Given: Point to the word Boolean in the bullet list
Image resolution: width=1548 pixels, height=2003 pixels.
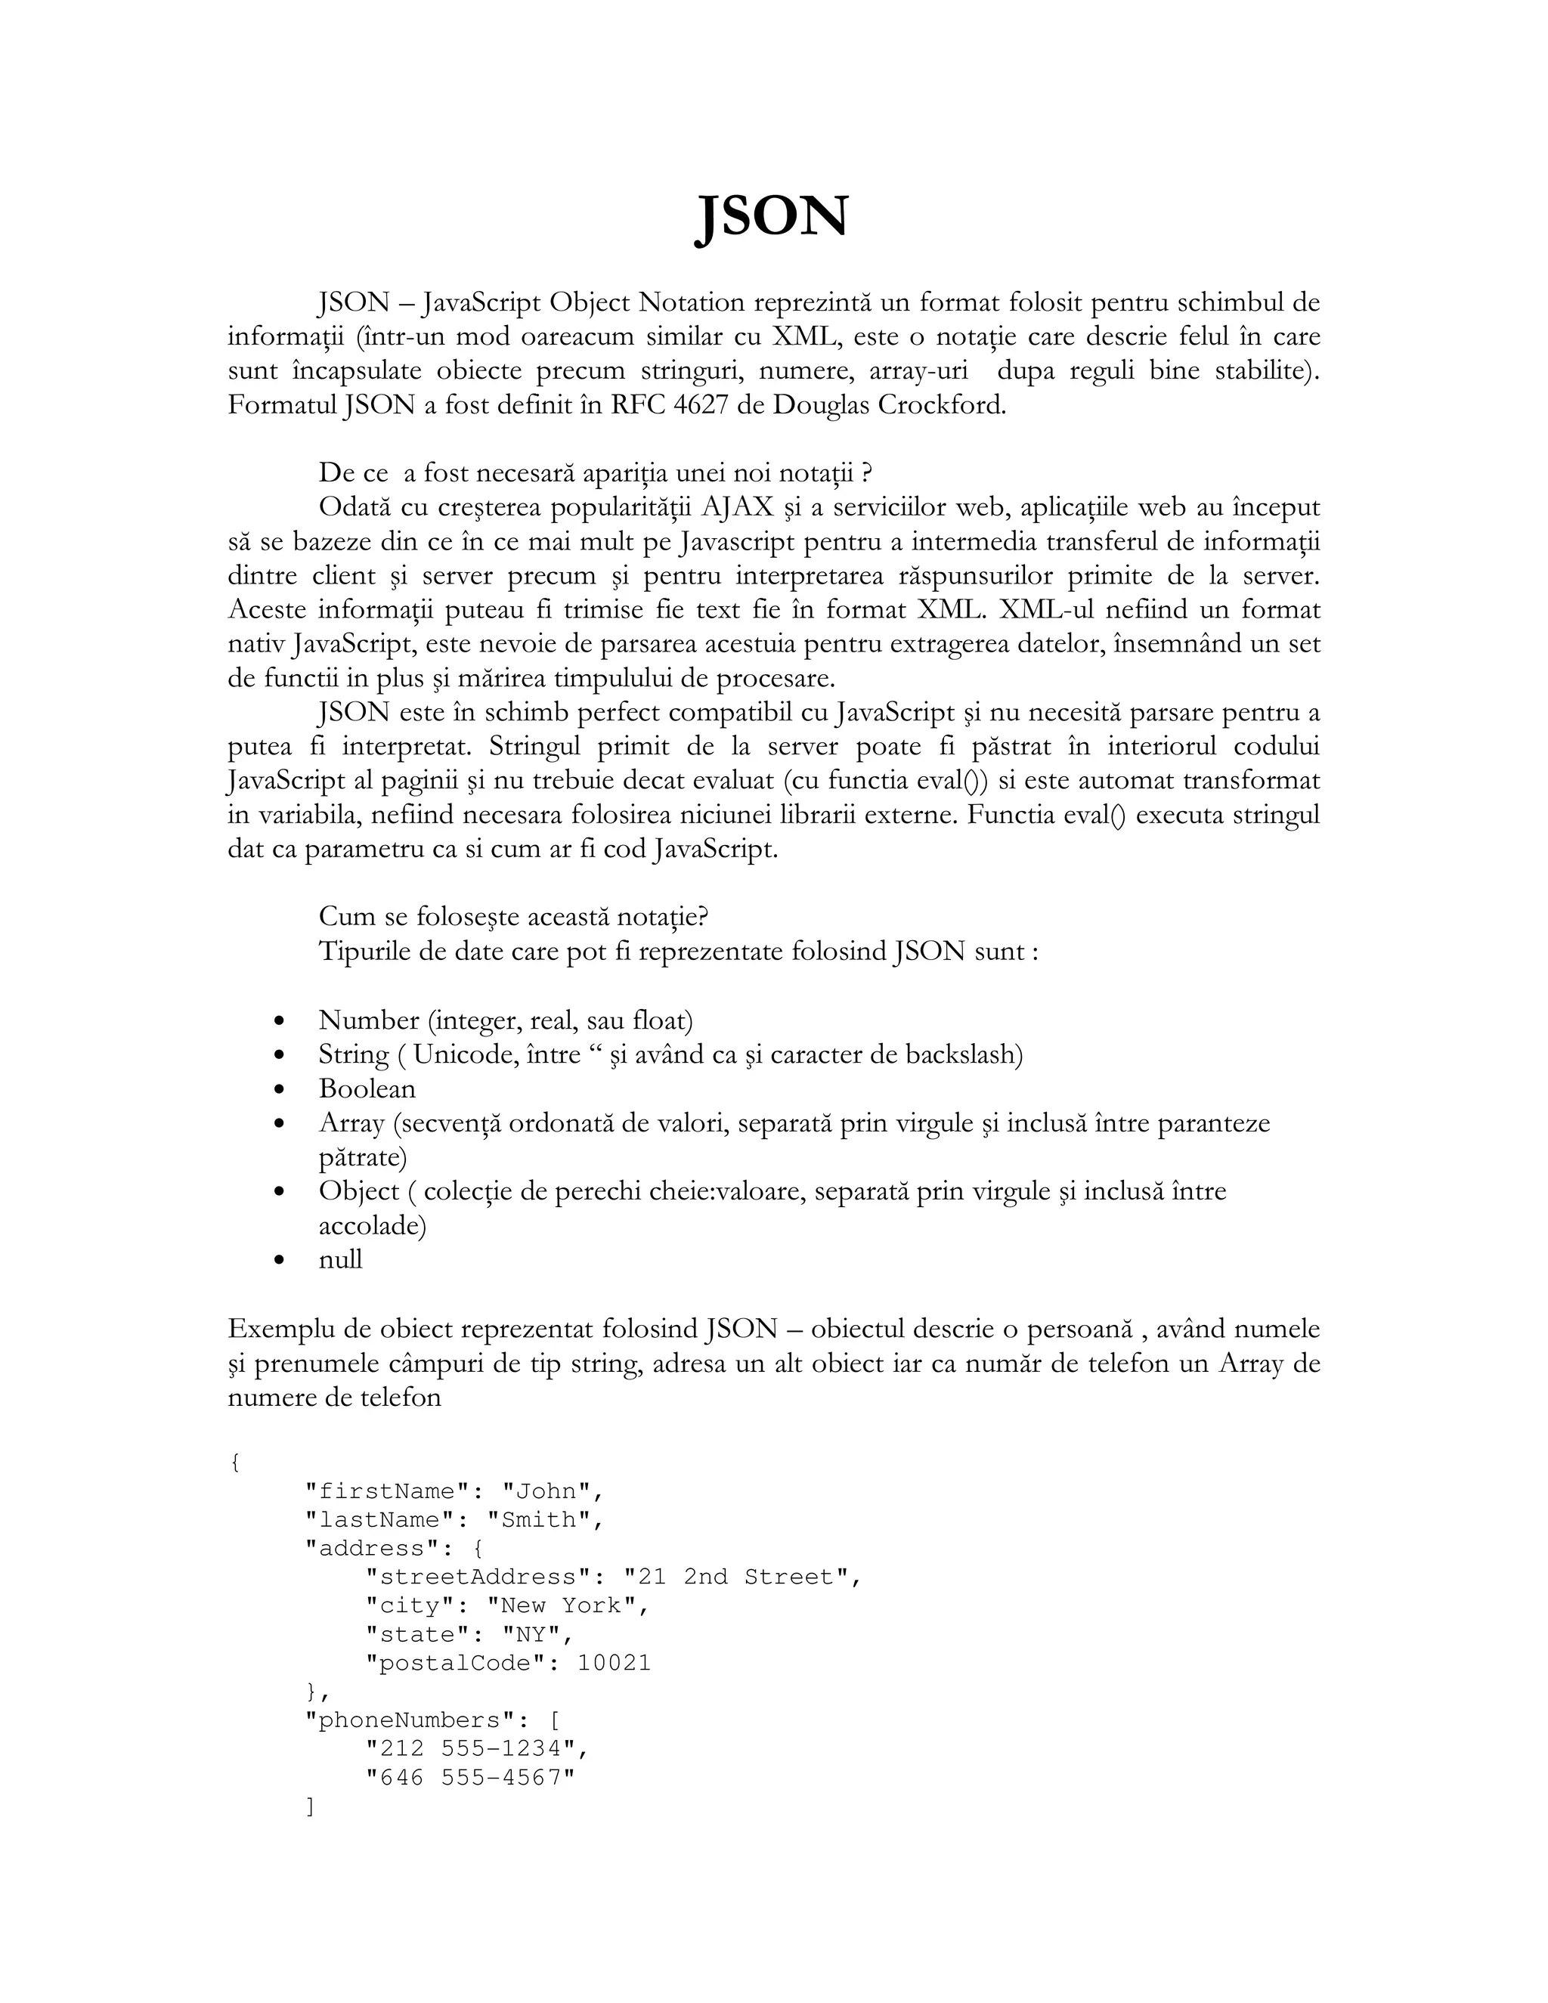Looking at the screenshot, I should pos(367,1088).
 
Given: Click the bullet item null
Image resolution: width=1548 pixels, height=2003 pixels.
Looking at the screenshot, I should pos(340,1259).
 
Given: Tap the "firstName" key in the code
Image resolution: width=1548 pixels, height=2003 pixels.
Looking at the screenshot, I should pos(379,1491).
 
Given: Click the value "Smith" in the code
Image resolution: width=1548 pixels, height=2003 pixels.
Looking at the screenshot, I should pos(538,1520).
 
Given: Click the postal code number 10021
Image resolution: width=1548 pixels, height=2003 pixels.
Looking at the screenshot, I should pos(614,1663).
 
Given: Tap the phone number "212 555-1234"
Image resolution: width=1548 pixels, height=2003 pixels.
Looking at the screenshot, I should pos(472,1748).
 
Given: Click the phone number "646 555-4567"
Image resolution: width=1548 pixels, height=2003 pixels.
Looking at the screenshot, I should pos(469,1778).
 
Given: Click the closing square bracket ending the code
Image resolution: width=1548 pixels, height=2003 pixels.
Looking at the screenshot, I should pos(310,1806).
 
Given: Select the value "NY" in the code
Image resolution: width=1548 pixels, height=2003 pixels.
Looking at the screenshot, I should pos(531,1634).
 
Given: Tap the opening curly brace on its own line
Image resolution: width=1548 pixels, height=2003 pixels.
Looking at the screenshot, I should pos(235,1462).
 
